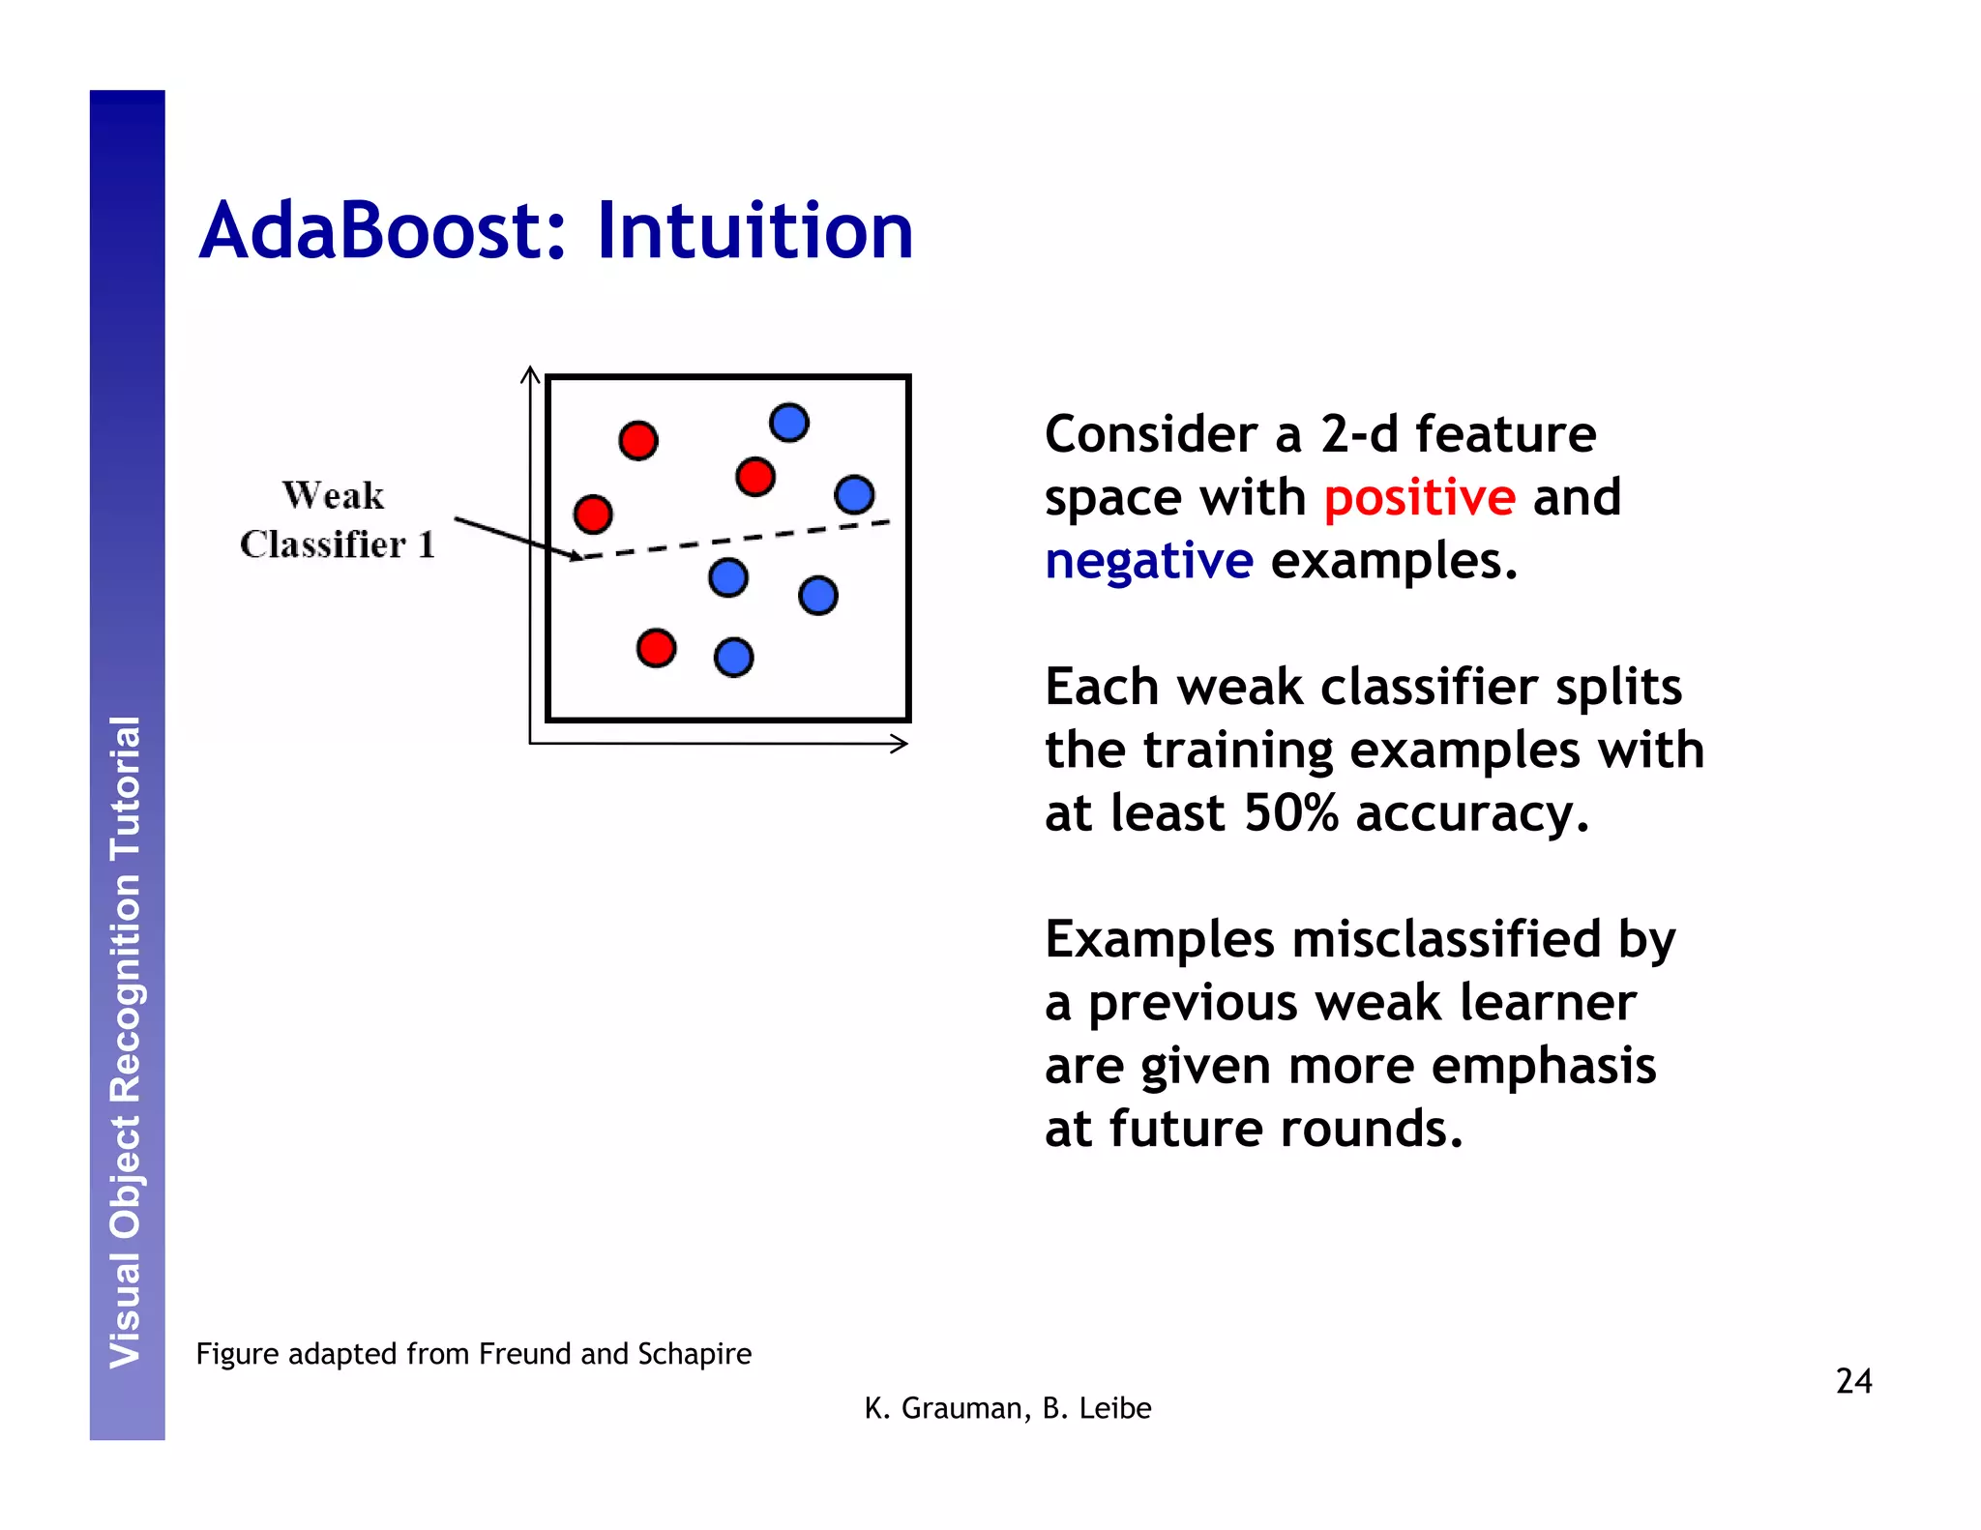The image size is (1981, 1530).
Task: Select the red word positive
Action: [x=1419, y=498]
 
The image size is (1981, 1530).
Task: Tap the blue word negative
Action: [x=1149, y=561]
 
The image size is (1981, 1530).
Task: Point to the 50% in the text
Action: [x=1291, y=812]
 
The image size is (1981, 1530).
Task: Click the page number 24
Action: [x=1853, y=1380]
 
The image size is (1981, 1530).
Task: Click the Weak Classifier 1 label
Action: [x=337, y=520]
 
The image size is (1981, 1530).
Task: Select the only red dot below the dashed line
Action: [x=656, y=648]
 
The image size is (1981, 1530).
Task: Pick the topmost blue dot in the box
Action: [x=789, y=423]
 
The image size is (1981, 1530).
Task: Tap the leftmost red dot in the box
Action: [x=593, y=514]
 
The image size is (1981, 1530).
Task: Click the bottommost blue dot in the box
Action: [x=733, y=658]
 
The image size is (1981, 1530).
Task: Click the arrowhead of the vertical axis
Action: [x=530, y=373]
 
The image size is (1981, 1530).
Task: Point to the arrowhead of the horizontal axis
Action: [x=901, y=744]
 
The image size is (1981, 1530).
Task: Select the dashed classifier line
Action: [x=735, y=540]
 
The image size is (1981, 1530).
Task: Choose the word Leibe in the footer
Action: [x=1115, y=1408]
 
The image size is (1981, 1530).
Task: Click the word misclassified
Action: [x=1446, y=940]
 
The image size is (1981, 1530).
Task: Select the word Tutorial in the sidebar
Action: [x=126, y=788]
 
